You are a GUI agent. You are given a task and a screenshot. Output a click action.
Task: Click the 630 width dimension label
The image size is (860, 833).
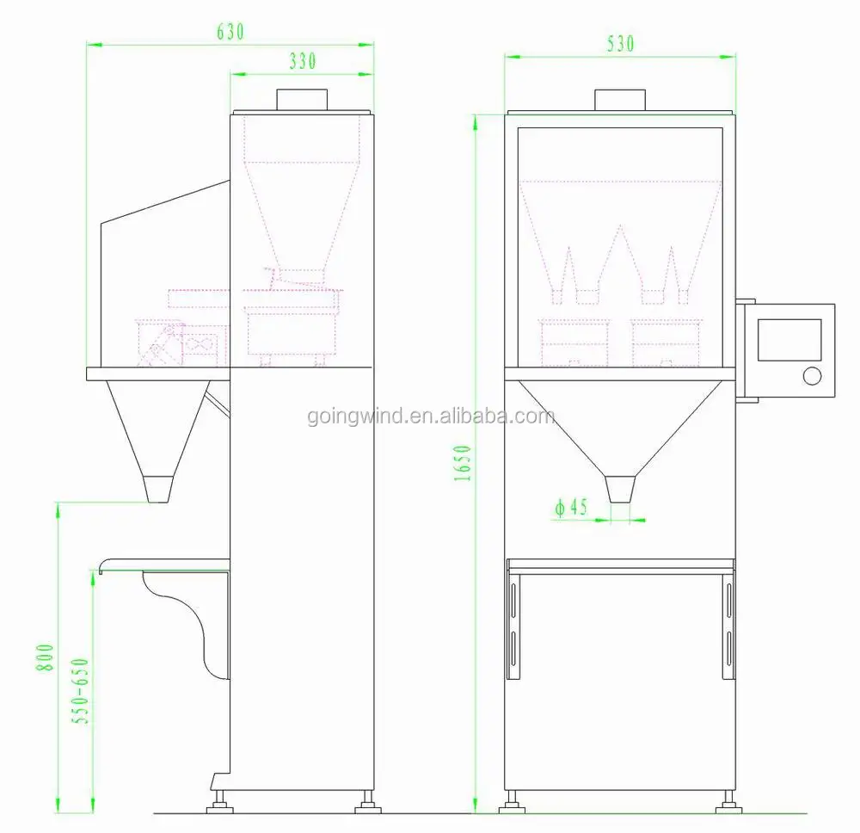[x=230, y=32]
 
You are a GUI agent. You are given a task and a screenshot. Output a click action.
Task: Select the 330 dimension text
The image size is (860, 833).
[x=303, y=61]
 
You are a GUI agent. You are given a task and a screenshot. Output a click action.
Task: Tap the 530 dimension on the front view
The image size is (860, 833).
[x=620, y=44]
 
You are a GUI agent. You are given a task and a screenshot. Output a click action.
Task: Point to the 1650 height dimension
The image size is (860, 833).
[x=463, y=463]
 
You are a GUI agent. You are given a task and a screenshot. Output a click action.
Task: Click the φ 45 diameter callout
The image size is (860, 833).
[x=571, y=507]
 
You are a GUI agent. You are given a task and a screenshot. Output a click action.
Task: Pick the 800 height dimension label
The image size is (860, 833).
[x=45, y=657]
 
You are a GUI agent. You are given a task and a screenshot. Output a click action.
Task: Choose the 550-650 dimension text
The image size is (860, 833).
[x=80, y=691]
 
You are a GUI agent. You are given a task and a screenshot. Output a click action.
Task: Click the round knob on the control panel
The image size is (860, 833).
[x=812, y=376]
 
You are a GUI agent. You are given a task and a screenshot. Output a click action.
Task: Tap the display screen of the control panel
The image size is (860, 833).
[x=789, y=340]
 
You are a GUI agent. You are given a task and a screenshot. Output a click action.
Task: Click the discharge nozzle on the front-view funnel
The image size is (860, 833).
[x=620, y=489]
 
